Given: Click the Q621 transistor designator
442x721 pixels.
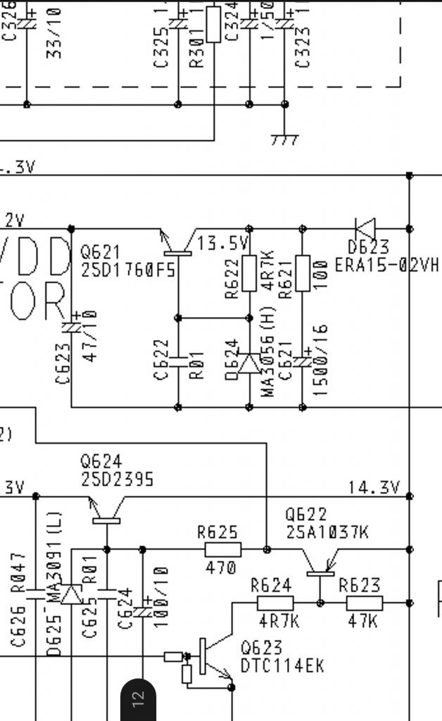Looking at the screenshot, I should point(101,251).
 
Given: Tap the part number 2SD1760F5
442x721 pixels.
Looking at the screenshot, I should point(128,270).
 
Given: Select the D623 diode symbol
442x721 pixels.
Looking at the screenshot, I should point(365,229).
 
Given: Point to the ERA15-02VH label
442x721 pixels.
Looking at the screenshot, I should point(386,265).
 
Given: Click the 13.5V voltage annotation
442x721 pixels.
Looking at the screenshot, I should point(223,244).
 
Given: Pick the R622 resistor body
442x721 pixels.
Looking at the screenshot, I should point(249,273).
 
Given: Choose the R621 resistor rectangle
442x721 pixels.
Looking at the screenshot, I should point(303,273).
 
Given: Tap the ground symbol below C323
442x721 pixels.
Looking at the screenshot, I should point(284,139).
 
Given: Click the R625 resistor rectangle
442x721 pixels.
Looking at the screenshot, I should point(223,549).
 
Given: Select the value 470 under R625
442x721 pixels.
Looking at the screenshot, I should point(221,567).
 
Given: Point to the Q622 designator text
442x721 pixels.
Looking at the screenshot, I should point(305,515).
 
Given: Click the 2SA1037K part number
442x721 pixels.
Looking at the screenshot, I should point(327,532).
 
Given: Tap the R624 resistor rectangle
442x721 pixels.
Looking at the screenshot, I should point(275,603).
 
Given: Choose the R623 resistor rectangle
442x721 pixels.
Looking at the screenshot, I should point(365,603).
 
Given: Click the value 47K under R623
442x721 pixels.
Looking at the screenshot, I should point(362,621).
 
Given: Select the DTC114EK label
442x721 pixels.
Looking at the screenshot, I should point(282,665).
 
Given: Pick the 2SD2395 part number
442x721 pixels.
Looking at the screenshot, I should point(117,479).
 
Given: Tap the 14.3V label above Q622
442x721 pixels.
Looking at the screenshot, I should point(374,487).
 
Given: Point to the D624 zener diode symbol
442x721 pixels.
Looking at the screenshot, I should point(248,363).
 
